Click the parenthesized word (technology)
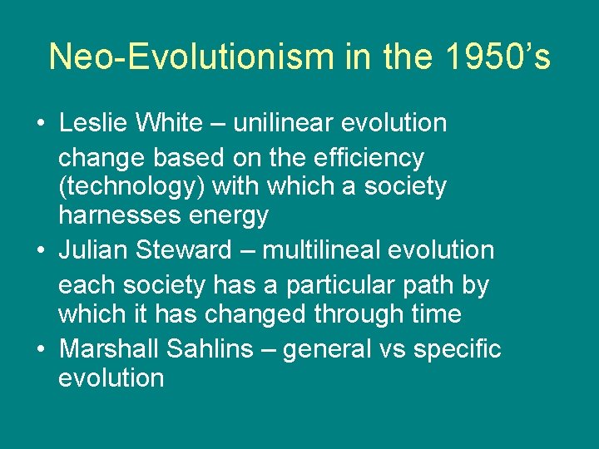coord(131,186)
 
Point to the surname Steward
coord(188,249)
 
